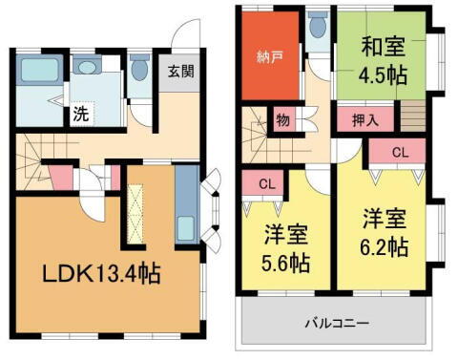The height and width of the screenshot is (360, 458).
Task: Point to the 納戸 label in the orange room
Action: click(270, 54)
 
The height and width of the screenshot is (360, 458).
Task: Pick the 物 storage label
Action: click(282, 120)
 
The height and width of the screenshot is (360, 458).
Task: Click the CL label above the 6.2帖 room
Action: click(402, 152)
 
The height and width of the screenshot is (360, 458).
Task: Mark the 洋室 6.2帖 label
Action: click(385, 232)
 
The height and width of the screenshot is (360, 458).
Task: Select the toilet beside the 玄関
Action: click(139, 69)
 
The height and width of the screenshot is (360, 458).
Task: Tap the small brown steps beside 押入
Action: click(412, 119)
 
